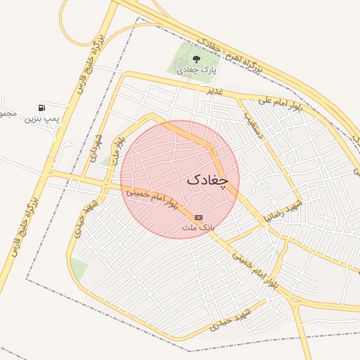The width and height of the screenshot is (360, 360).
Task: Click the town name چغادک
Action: (208, 180)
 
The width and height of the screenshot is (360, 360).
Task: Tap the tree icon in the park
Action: (196, 59)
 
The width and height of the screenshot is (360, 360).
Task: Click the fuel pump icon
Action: (43, 108)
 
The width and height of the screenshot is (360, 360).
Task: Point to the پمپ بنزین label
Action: (43, 119)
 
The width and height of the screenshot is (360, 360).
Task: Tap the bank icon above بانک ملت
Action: (199, 217)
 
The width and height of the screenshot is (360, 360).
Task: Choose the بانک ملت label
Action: (198, 228)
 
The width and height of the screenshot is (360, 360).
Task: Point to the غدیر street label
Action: (214, 91)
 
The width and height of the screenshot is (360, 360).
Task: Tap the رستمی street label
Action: (254, 125)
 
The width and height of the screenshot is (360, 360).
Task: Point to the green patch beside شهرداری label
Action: (105, 161)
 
